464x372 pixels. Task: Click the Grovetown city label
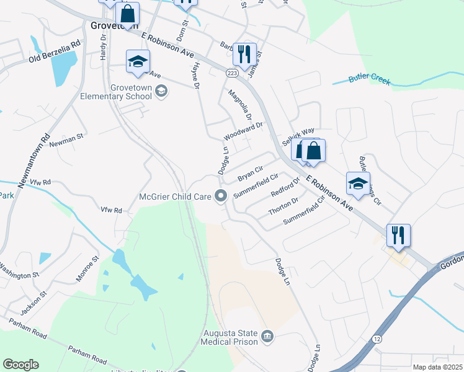[x=114, y=26]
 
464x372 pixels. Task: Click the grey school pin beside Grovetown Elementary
[x=161, y=92]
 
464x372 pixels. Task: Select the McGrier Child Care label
[x=176, y=197]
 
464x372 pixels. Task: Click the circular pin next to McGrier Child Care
[x=221, y=197]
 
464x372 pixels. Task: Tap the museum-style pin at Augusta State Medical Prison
[x=267, y=336]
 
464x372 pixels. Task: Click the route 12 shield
[x=378, y=339]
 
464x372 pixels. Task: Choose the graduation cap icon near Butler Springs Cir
[x=358, y=182]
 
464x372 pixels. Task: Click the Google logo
[x=20, y=365]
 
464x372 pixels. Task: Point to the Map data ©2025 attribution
[x=437, y=367]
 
